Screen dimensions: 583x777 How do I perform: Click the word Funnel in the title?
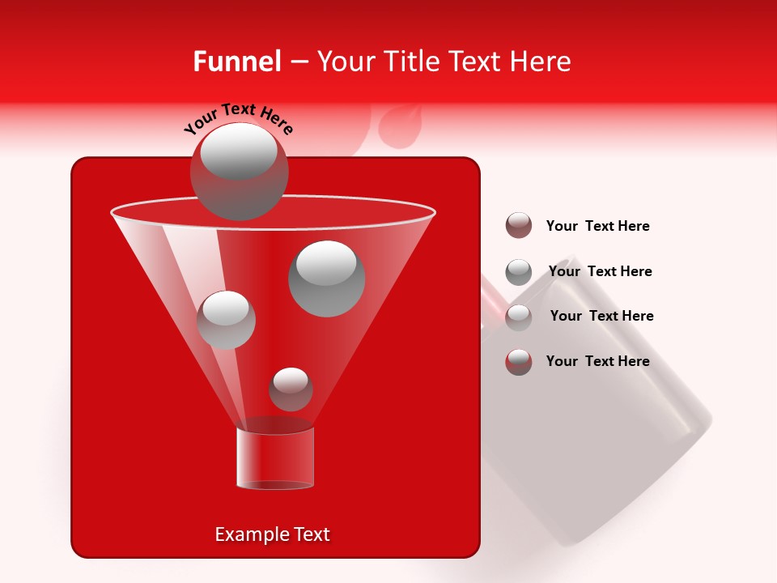click(x=236, y=62)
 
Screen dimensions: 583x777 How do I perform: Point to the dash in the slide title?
click(x=298, y=62)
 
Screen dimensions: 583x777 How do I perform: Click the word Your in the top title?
click(x=345, y=62)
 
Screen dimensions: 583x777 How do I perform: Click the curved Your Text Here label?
click(x=238, y=119)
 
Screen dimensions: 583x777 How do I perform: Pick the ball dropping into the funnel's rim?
click(x=239, y=172)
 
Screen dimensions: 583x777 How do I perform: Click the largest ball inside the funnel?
click(x=327, y=279)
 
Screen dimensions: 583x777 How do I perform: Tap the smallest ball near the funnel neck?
click(x=291, y=389)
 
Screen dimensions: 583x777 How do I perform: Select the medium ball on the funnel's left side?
click(x=227, y=320)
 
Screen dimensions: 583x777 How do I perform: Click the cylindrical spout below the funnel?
click(x=274, y=457)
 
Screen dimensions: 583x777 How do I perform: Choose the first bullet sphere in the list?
click(x=519, y=226)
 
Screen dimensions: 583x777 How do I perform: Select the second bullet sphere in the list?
click(x=519, y=272)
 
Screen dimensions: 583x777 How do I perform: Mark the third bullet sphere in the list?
click(x=519, y=317)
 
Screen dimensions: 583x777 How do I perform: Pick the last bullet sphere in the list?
click(x=519, y=362)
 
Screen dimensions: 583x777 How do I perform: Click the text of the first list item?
click(x=597, y=226)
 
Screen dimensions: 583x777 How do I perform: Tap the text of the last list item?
click(x=597, y=361)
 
